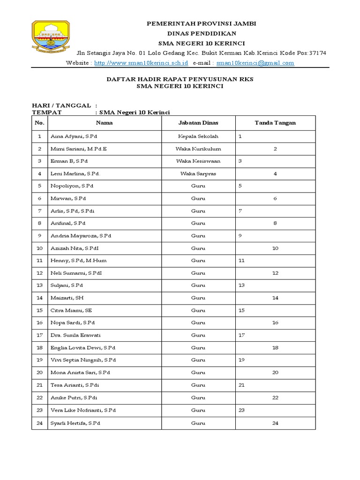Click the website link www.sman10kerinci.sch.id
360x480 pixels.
[x=141, y=63]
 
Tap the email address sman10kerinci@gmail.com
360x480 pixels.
[x=255, y=63]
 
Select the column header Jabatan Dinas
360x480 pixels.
[x=198, y=123]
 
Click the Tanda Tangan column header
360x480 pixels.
[x=275, y=123]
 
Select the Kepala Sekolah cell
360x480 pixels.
[x=198, y=136]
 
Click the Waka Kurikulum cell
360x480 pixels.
[x=198, y=149]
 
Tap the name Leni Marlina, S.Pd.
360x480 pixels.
[x=75, y=174]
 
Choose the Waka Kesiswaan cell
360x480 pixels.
[x=198, y=161]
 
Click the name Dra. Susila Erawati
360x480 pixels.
[x=75, y=335]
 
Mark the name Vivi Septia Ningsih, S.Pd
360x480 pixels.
[x=83, y=360]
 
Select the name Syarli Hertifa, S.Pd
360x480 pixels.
[x=75, y=423]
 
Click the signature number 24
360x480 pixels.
[x=275, y=423]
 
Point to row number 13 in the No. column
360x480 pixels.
[x=39, y=285]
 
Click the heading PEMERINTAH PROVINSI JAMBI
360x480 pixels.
[x=202, y=23]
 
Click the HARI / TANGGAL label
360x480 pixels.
[x=61, y=106]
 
